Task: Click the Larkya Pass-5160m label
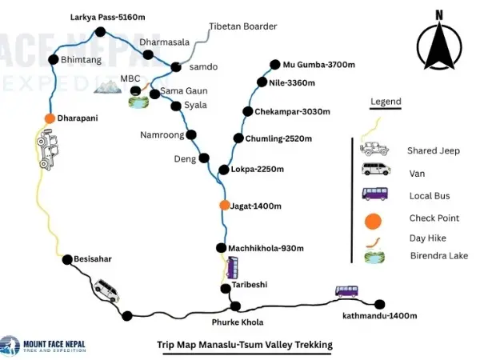point(98,16)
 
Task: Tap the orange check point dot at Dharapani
point(50,118)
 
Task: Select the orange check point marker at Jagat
point(224,206)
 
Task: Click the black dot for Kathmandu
point(380,303)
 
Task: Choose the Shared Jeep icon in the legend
point(374,149)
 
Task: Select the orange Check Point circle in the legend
point(372,218)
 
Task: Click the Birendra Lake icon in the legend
point(373,257)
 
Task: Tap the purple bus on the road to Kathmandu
point(346,291)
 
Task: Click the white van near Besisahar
point(106,289)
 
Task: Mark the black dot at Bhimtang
point(53,59)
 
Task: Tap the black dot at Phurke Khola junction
point(235,306)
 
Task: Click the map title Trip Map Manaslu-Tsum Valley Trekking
point(244,345)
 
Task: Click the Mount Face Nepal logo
point(44,345)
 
